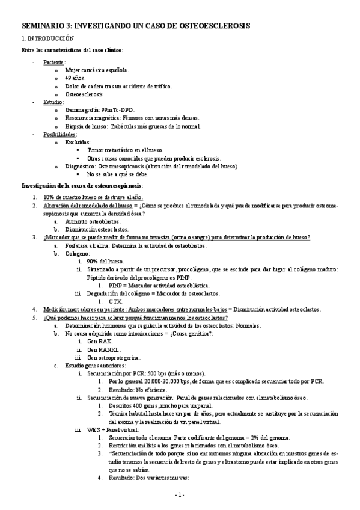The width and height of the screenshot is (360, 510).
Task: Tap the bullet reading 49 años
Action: pyautogui.click(x=76, y=78)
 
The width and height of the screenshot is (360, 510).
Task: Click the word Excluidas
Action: pyautogui.click(x=78, y=143)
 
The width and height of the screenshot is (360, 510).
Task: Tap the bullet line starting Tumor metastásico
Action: pyautogui.click(x=121, y=150)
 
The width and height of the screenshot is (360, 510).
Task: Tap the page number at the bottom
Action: pyautogui.click(x=179, y=494)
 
